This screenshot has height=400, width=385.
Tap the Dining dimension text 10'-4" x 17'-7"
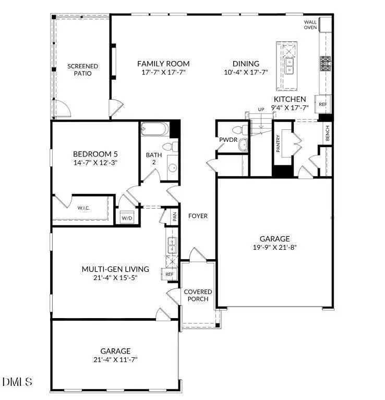[243, 72]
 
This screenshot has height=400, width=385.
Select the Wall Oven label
[311, 25]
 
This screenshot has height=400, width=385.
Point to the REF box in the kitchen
[323, 104]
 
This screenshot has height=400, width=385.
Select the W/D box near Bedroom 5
[127, 218]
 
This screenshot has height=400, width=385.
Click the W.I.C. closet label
[84, 208]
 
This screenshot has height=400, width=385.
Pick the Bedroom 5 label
[95, 154]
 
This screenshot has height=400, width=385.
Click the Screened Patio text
[82, 70]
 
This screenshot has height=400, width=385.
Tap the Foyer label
[198, 216]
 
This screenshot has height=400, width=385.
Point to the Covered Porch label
[198, 295]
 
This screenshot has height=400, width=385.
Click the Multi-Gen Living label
[115, 269]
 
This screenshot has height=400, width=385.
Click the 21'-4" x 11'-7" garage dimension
[115, 359]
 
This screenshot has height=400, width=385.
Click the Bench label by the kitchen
[327, 135]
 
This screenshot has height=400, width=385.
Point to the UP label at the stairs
[261, 109]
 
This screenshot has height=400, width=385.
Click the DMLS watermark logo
[17, 382]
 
